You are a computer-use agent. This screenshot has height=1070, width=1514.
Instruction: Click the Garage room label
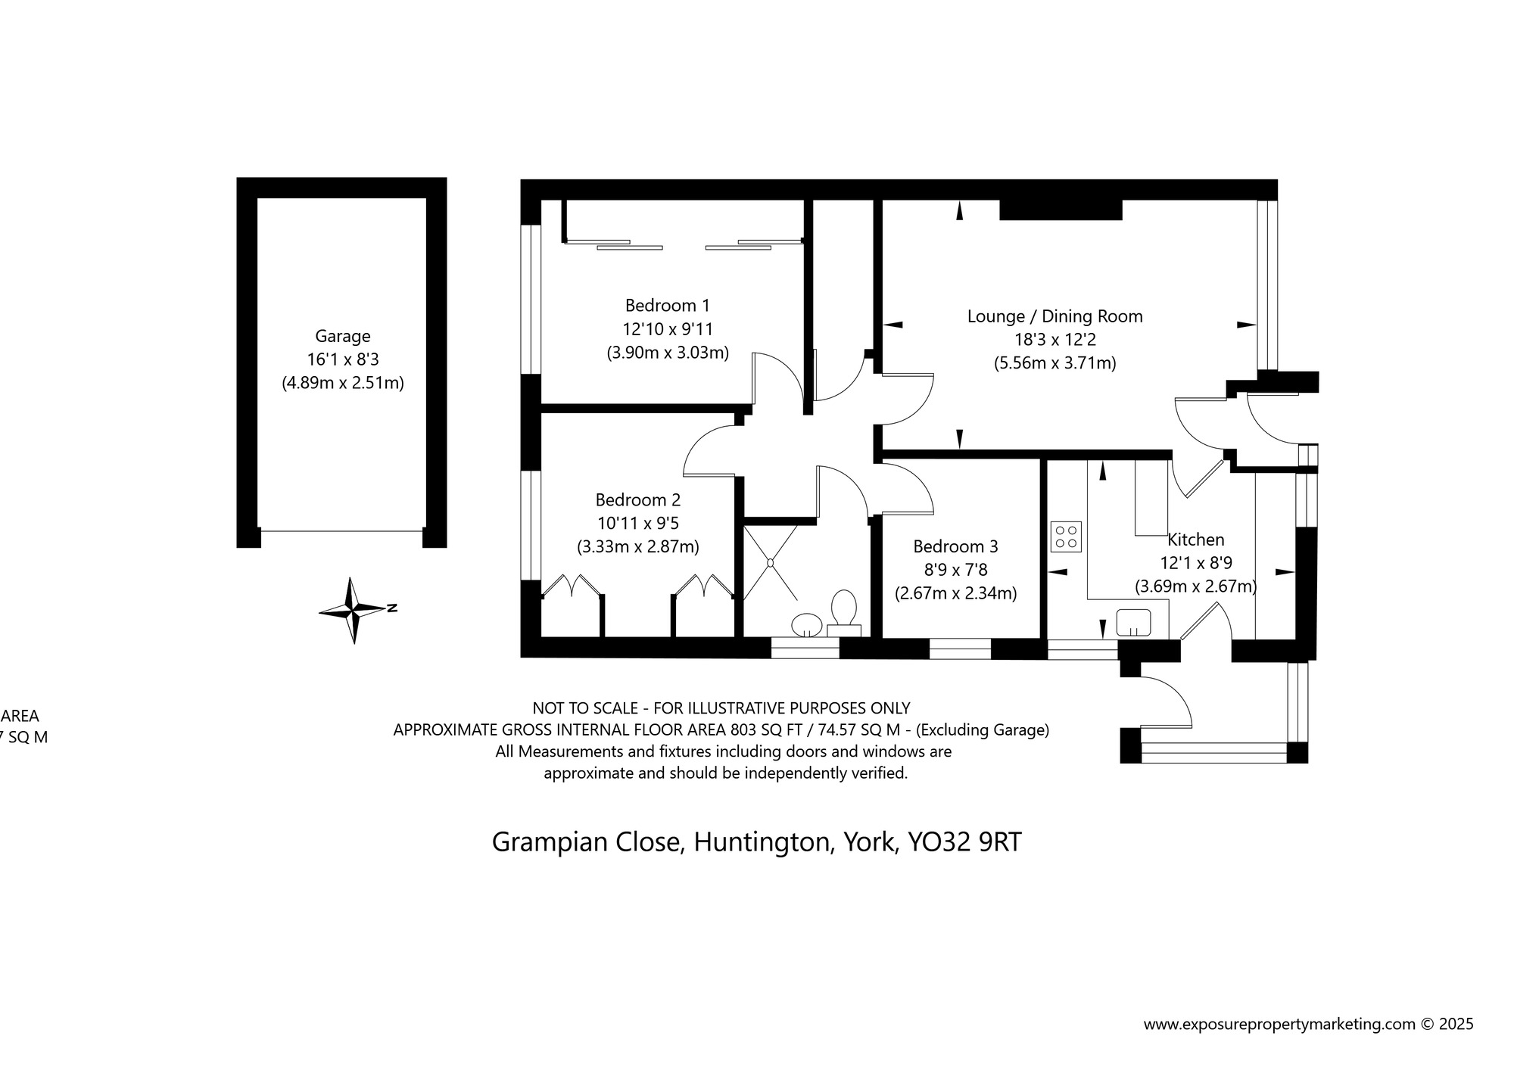coord(343,336)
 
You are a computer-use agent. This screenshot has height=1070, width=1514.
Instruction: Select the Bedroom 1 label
coord(667,306)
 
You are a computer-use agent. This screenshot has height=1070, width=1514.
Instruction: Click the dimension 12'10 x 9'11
coord(667,329)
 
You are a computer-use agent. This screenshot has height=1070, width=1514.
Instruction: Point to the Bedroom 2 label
coord(637,500)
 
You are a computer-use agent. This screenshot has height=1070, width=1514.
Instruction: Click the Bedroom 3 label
coord(955,546)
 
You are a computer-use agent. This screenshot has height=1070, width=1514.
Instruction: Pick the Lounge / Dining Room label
coord(1055,316)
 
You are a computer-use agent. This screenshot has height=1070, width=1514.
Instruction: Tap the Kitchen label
coord(1195,540)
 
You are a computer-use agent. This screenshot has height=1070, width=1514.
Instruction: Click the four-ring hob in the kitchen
coord(1066,537)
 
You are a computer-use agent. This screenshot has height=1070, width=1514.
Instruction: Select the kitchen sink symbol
coord(1133,623)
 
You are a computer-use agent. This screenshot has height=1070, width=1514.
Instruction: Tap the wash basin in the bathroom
coord(806,625)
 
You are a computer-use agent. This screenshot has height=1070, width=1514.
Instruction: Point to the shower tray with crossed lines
coord(770,562)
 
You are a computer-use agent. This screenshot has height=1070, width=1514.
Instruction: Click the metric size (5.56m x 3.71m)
coord(1055,363)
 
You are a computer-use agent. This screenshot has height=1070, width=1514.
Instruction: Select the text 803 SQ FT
coord(763,730)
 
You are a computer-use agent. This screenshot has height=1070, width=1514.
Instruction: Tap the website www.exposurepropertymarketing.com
coord(1279,1025)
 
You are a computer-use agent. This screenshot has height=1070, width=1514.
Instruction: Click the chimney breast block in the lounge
coord(1060,210)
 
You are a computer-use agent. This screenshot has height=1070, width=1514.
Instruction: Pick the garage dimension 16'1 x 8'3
coord(343,359)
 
